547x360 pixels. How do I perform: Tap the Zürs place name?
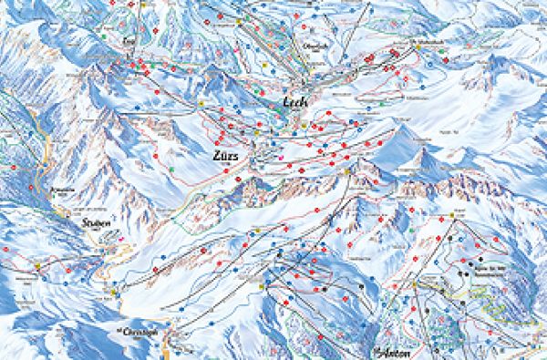tap(224, 156)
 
